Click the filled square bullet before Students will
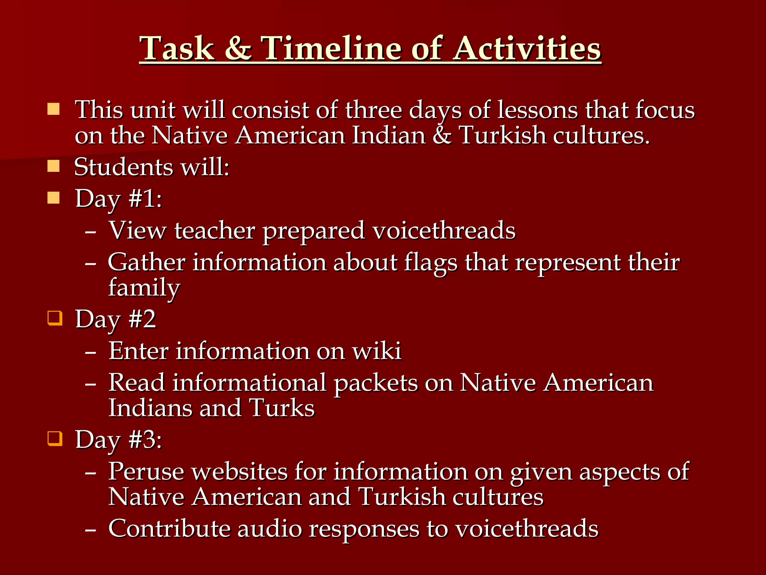[x=53, y=166]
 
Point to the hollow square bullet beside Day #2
[x=55, y=318]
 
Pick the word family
[x=144, y=287]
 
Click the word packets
[x=376, y=383]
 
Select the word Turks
[x=282, y=408]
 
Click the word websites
[x=240, y=471]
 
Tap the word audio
[x=269, y=529]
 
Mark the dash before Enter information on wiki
[x=91, y=352]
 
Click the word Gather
[x=146, y=262]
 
